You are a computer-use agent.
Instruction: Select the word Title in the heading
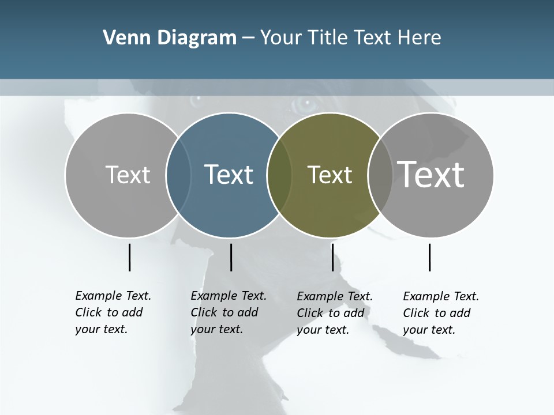[x=328, y=38]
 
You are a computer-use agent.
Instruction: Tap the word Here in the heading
[x=420, y=38]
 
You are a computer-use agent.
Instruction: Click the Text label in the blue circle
[x=229, y=175]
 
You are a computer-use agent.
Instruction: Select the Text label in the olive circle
[x=330, y=175]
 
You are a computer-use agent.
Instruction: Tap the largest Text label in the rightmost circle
[x=431, y=174]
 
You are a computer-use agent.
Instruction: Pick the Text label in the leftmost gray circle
[x=128, y=175]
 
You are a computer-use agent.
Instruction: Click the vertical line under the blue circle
[x=231, y=257]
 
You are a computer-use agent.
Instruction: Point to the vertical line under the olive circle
[x=332, y=257]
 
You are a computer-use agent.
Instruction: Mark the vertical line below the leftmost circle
[x=130, y=257]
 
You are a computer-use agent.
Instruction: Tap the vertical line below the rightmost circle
[x=430, y=257]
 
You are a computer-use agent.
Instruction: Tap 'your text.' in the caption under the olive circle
[x=323, y=330]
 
